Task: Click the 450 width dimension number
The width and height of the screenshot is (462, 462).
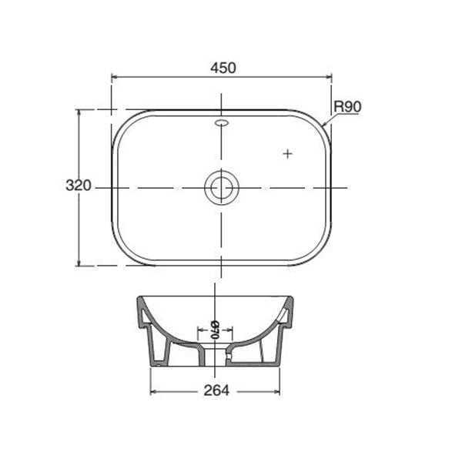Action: click(x=222, y=68)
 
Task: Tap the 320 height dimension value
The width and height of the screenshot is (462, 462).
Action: click(x=79, y=186)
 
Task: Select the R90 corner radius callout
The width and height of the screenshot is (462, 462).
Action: click(x=347, y=107)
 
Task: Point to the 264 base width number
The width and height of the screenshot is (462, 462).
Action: click(x=218, y=390)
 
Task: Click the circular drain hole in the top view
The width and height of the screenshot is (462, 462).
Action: click(x=222, y=187)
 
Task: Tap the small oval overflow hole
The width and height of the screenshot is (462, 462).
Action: click(x=222, y=122)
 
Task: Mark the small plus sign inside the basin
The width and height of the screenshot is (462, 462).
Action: click(x=289, y=154)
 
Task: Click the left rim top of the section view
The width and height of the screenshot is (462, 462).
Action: click(x=140, y=297)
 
